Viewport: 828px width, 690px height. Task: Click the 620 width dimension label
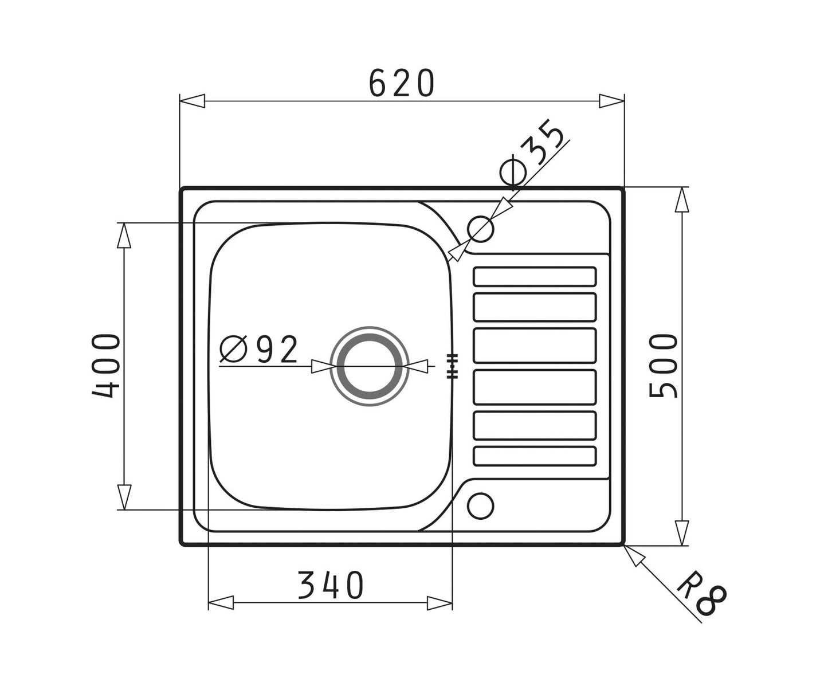coord(401,83)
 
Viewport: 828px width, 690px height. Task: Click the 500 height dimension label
coord(664,366)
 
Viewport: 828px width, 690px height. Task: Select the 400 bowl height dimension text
coord(107,366)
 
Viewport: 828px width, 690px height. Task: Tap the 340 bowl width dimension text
coord(331,585)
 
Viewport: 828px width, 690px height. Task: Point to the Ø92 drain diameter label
coord(260,349)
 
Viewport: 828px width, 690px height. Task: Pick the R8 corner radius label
coord(701,598)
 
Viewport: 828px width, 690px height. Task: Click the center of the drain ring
coord(370,366)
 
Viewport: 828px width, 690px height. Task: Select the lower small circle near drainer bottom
coord(480,506)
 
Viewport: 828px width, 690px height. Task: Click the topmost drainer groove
coord(535,276)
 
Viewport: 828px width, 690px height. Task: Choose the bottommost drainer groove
coord(535,456)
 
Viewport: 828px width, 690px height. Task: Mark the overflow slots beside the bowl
coord(453,366)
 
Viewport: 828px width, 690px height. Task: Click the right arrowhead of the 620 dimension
coord(611,101)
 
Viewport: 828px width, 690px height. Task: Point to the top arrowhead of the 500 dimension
coord(681,201)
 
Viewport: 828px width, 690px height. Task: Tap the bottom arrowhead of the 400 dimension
coord(124,497)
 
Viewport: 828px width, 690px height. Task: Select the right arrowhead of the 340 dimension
coord(439,602)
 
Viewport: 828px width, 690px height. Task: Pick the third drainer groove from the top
coord(535,346)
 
